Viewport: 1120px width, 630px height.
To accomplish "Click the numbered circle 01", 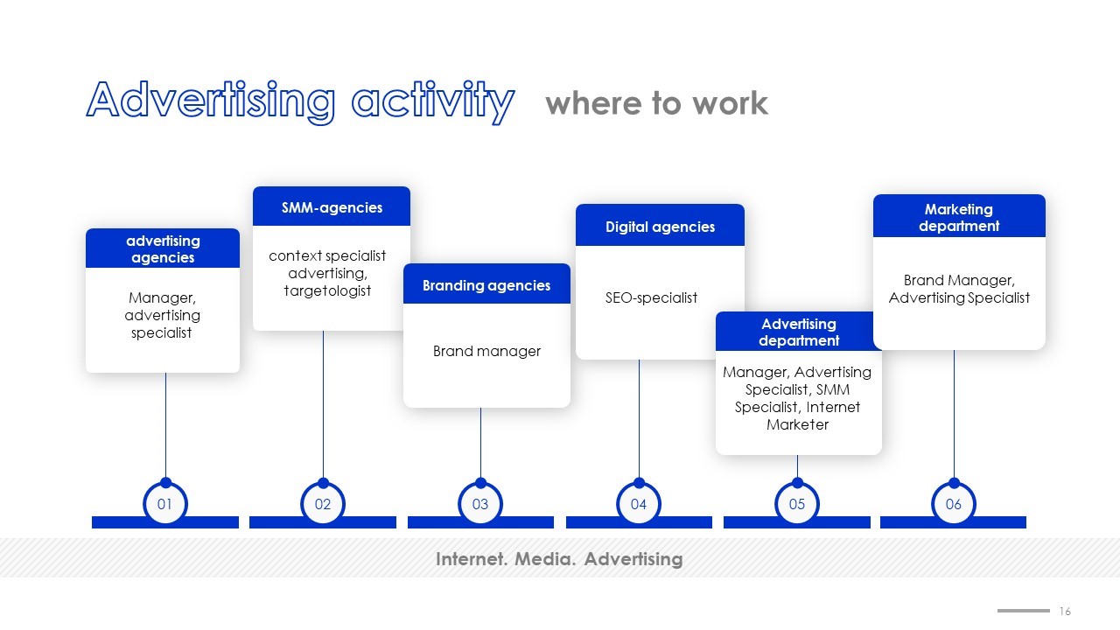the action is pyautogui.click(x=165, y=504).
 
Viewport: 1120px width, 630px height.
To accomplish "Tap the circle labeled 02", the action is pyautogui.click(x=323, y=504).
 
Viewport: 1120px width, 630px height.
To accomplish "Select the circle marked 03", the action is pyautogui.click(x=480, y=504).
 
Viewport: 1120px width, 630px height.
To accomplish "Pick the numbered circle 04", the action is pyautogui.click(x=639, y=504).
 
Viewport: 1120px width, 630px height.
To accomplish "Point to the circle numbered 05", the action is pyautogui.click(x=797, y=504).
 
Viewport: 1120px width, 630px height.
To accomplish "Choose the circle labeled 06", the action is pyautogui.click(x=954, y=504).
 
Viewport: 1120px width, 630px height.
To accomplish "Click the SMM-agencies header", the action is pyautogui.click(x=332, y=206).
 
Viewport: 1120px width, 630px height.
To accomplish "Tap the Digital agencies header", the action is pyautogui.click(x=660, y=225).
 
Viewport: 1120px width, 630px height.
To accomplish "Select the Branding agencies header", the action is pyautogui.click(x=486, y=284).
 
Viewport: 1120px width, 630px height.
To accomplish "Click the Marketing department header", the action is pyautogui.click(x=959, y=216).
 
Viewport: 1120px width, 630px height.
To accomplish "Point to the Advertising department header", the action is pyautogui.click(x=799, y=331).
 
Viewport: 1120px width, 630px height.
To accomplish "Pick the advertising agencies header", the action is pyautogui.click(x=163, y=248).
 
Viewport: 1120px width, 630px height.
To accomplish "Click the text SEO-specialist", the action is pyautogui.click(x=651, y=297).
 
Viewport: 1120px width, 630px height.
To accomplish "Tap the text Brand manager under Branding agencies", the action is pyautogui.click(x=486, y=351).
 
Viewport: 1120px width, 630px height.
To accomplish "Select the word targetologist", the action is pyautogui.click(x=327, y=290).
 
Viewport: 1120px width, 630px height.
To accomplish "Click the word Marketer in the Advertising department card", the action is pyautogui.click(x=797, y=424).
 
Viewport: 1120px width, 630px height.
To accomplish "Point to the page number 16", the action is pyautogui.click(x=1065, y=611).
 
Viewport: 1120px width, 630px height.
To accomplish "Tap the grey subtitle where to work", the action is pyautogui.click(x=656, y=103).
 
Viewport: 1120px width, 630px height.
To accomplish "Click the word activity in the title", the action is pyautogui.click(x=433, y=101).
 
